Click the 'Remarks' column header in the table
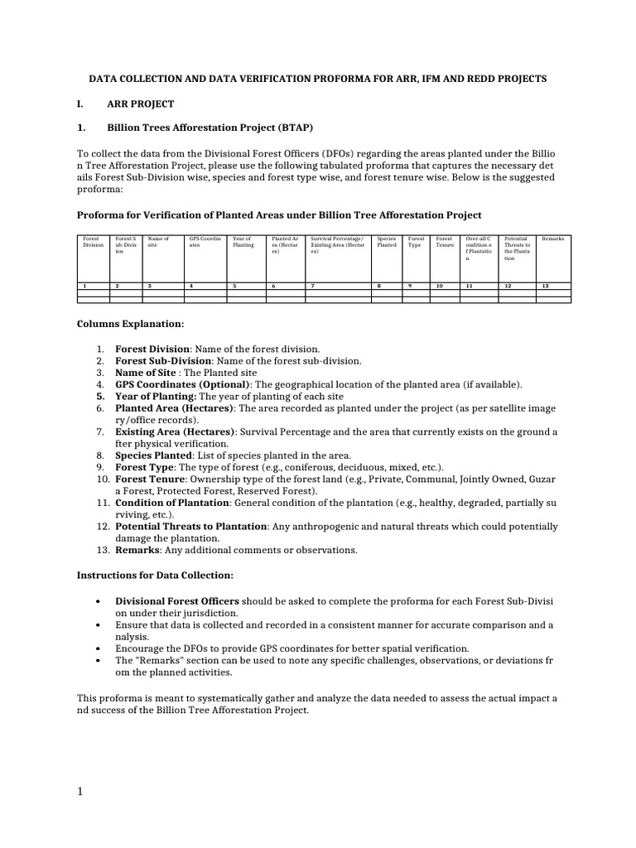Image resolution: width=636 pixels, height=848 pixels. [x=552, y=238]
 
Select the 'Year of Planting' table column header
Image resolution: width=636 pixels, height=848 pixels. [x=243, y=242]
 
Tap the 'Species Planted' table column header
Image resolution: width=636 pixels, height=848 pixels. [x=387, y=242]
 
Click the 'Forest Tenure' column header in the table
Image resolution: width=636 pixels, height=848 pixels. [x=445, y=242]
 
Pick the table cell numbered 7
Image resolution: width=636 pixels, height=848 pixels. [x=312, y=286]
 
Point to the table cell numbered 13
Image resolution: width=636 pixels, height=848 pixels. [x=544, y=286]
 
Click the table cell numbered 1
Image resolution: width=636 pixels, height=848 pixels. [x=84, y=286]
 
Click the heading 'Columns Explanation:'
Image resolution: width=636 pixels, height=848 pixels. [x=131, y=324]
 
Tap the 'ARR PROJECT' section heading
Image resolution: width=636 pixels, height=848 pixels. [x=141, y=104]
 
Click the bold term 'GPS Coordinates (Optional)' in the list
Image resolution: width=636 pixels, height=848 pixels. [x=182, y=384]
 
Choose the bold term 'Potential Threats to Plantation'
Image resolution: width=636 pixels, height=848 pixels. [x=191, y=526]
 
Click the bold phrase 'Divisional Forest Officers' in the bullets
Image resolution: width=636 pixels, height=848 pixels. [x=177, y=600]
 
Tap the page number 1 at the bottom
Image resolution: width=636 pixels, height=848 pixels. [x=80, y=792]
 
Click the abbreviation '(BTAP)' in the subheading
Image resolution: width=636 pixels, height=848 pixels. [x=294, y=128]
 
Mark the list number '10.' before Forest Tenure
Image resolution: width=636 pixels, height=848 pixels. [x=103, y=479]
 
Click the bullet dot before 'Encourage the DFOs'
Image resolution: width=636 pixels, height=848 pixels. [x=98, y=648]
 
